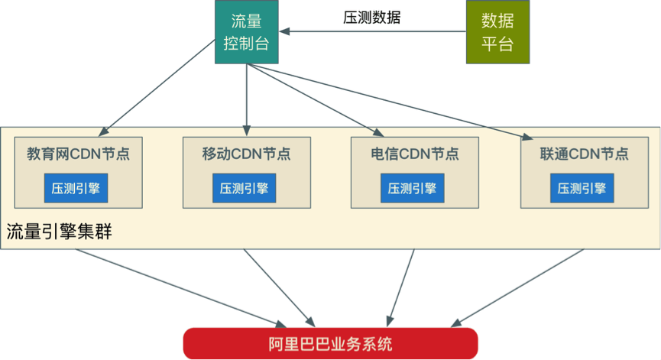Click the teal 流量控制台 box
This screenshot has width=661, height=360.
[246, 31]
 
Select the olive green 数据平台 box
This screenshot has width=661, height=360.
[497, 31]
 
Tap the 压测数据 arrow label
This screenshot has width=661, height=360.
[371, 18]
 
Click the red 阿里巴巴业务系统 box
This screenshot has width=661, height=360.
[330, 343]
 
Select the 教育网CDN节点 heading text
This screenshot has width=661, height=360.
[78, 154]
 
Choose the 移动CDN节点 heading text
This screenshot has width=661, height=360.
[246, 154]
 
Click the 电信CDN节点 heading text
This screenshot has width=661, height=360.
[415, 154]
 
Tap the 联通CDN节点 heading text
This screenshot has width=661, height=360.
[584, 154]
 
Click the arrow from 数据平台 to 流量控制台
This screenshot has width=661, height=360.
[374, 32]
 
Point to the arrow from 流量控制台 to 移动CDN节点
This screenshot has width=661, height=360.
[247, 96]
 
